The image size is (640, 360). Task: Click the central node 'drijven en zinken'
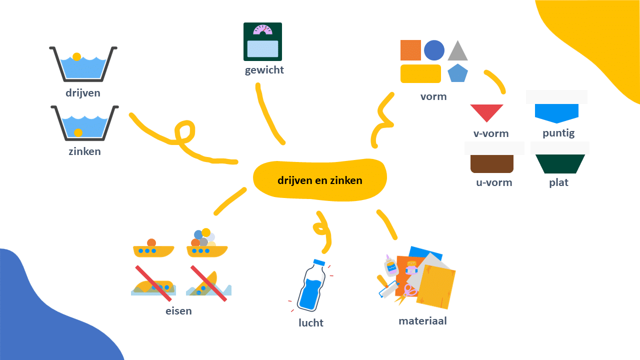[x=320, y=180]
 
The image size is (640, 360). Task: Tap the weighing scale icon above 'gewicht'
[x=262, y=42]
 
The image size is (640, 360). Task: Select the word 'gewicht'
[x=264, y=70]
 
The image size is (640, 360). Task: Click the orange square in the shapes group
[x=410, y=50]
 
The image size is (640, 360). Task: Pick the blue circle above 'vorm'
[x=434, y=50]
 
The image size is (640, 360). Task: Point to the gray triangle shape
[x=457, y=51]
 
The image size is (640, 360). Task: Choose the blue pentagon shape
[x=457, y=73]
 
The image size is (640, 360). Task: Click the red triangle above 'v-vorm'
[x=486, y=112]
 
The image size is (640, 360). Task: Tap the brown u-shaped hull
[x=492, y=163]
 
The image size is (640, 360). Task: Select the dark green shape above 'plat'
[x=560, y=163]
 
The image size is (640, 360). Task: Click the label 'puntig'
[x=558, y=133]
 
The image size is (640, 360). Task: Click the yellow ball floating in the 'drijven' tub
[x=76, y=56]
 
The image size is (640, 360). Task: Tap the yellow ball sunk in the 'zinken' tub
[x=78, y=132]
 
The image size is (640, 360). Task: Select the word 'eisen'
[x=178, y=311]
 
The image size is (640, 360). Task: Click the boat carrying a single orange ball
[x=153, y=248]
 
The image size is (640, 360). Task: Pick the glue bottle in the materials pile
[x=390, y=265]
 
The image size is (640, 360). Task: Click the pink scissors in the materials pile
[x=410, y=289]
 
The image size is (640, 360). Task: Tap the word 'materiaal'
[x=422, y=321]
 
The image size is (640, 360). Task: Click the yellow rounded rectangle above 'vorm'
[x=420, y=73]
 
